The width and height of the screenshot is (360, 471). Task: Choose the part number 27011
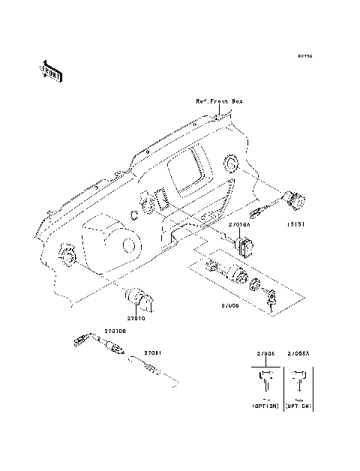tap(153, 352)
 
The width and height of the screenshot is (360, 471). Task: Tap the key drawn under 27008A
tap(299, 384)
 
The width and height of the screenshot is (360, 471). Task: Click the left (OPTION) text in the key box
tap(265, 405)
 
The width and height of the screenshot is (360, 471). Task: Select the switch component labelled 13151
tap(293, 201)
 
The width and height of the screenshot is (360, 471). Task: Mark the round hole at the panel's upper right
tap(232, 163)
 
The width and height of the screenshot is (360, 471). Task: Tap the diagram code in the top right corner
tap(304, 55)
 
